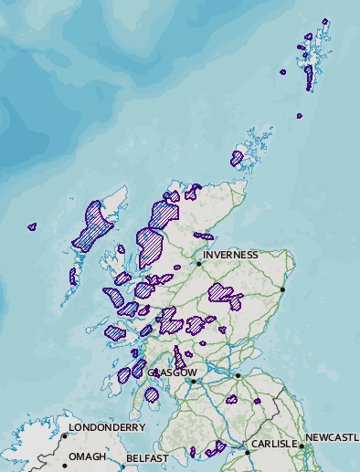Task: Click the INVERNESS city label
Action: click(x=230, y=255)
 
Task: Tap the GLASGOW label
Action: click(x=172, y=373)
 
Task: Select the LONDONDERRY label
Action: click(x=107, y=427)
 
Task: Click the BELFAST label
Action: click(x=148, y=458)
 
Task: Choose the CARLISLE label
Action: click(x=275, y=444)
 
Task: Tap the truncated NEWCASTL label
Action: click(x=332, y=438)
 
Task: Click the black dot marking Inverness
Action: click(x=198, y=264)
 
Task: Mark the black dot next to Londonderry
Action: click(x=65, y=435)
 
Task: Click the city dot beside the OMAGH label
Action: click(x=65, y=466)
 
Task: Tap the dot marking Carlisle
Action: click(x=247, y=452)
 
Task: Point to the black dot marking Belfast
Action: click(x=122, y=467)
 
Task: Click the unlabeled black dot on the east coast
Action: click(x=283, y=290)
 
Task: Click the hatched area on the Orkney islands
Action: click(x=237, y=159)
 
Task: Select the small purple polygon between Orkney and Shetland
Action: click(x=299, y=116)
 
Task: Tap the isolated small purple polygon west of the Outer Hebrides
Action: click(x=32, y=226)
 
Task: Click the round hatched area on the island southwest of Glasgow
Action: click(x=152, y=395)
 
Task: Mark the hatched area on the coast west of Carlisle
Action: click(x=216, y=448)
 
